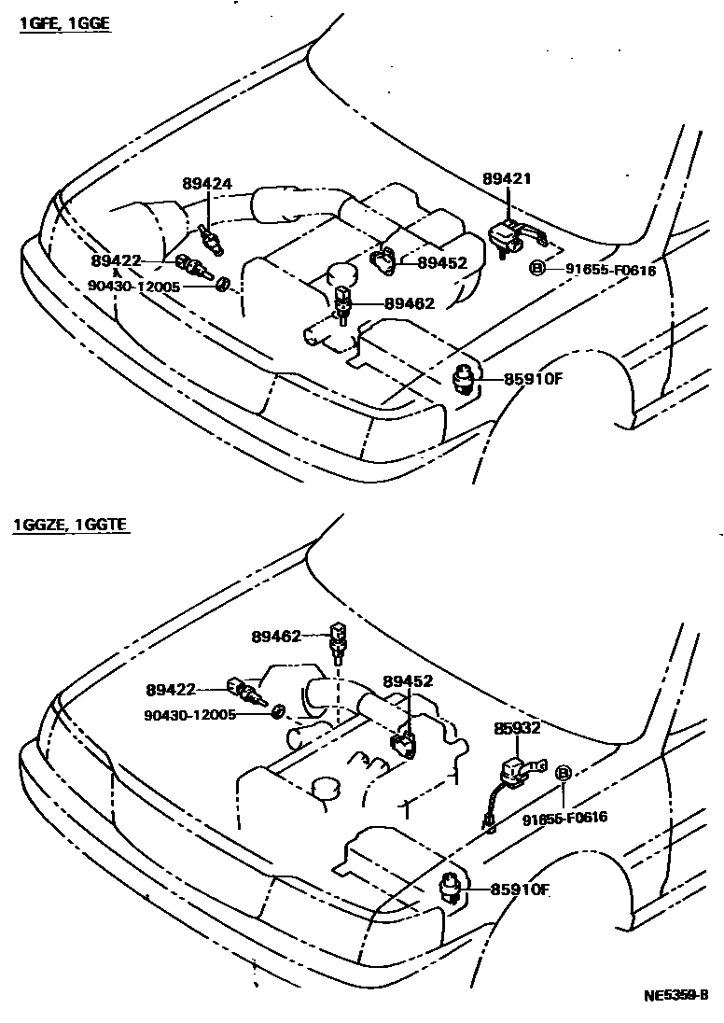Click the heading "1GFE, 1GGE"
click(x=64, y=23)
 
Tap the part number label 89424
click(x=206, y=184)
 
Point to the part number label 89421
click(x=507, y=177)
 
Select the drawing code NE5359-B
click(x=675, y=995)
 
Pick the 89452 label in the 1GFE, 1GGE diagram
click(x=441, y=263)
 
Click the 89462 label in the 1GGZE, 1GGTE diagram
click(x=276, y=637)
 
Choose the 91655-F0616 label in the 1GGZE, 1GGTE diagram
click(x=564, y=818)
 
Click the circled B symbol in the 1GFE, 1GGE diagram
click(x=537, y=269)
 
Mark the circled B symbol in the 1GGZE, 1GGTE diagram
click(x=563, y=773)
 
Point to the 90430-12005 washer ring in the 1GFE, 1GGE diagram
click(x=224, y=283)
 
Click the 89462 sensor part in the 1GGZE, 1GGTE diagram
click(x=337, y=642)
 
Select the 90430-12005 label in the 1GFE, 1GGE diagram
click(x=133, y=287)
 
